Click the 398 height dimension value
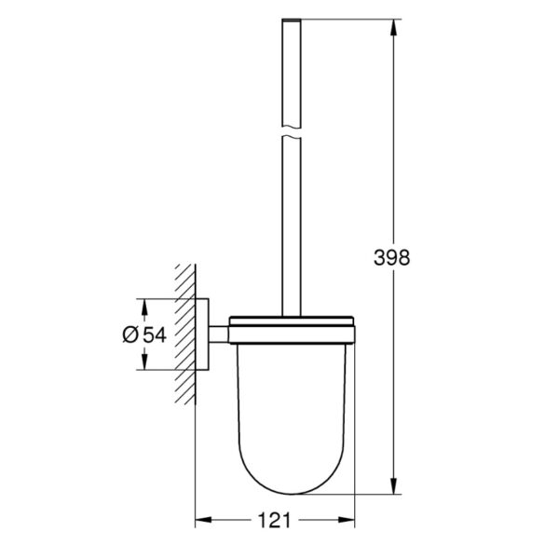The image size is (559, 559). coord(391,257)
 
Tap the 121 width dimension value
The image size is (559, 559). coord(274,520)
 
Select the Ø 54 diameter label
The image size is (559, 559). coord(144,334)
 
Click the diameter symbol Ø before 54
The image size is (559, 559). coord(130,334)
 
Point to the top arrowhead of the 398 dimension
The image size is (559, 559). coord(393,27)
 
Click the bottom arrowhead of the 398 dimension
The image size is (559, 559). coord(393,486)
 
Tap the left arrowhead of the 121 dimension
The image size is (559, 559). coord(203,520)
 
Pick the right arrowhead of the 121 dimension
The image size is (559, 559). coord(347,520)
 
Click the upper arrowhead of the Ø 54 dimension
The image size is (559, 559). coord(144,307)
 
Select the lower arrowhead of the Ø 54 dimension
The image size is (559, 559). coord(144,361)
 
